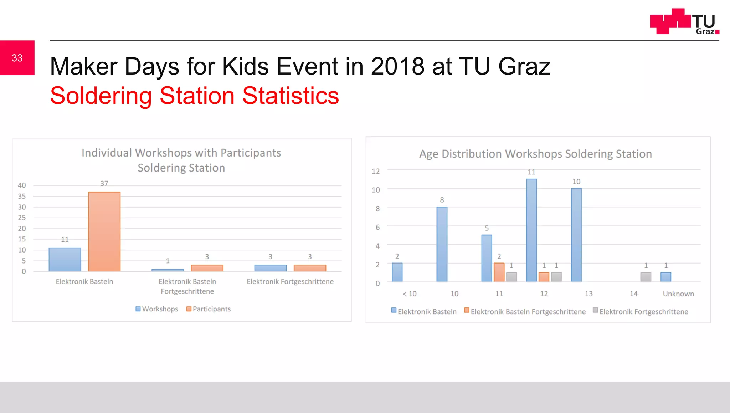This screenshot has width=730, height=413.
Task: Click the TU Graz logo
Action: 684,22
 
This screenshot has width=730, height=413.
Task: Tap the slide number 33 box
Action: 17,58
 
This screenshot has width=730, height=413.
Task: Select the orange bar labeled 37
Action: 104,232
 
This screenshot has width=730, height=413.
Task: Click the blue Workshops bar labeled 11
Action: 65,259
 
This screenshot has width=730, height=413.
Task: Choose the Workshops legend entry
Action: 157,309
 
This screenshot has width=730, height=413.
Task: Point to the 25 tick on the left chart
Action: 22,218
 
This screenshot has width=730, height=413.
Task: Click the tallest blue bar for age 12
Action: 531,230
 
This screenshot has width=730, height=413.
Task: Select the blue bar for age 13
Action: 576,235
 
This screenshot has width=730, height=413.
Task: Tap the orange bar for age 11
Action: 499,272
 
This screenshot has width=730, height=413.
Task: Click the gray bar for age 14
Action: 646,277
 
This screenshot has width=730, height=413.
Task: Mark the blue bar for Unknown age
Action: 665,277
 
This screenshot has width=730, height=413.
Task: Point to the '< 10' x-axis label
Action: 409,294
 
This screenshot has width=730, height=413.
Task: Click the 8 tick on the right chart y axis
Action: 377,209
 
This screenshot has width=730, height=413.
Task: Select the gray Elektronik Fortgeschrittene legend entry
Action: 641,311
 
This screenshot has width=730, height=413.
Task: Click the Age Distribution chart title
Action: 535,154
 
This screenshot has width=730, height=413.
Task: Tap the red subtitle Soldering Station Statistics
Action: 194,96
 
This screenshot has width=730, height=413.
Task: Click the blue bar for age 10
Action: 442,244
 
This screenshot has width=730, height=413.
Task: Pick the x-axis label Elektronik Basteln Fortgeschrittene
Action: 187,286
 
